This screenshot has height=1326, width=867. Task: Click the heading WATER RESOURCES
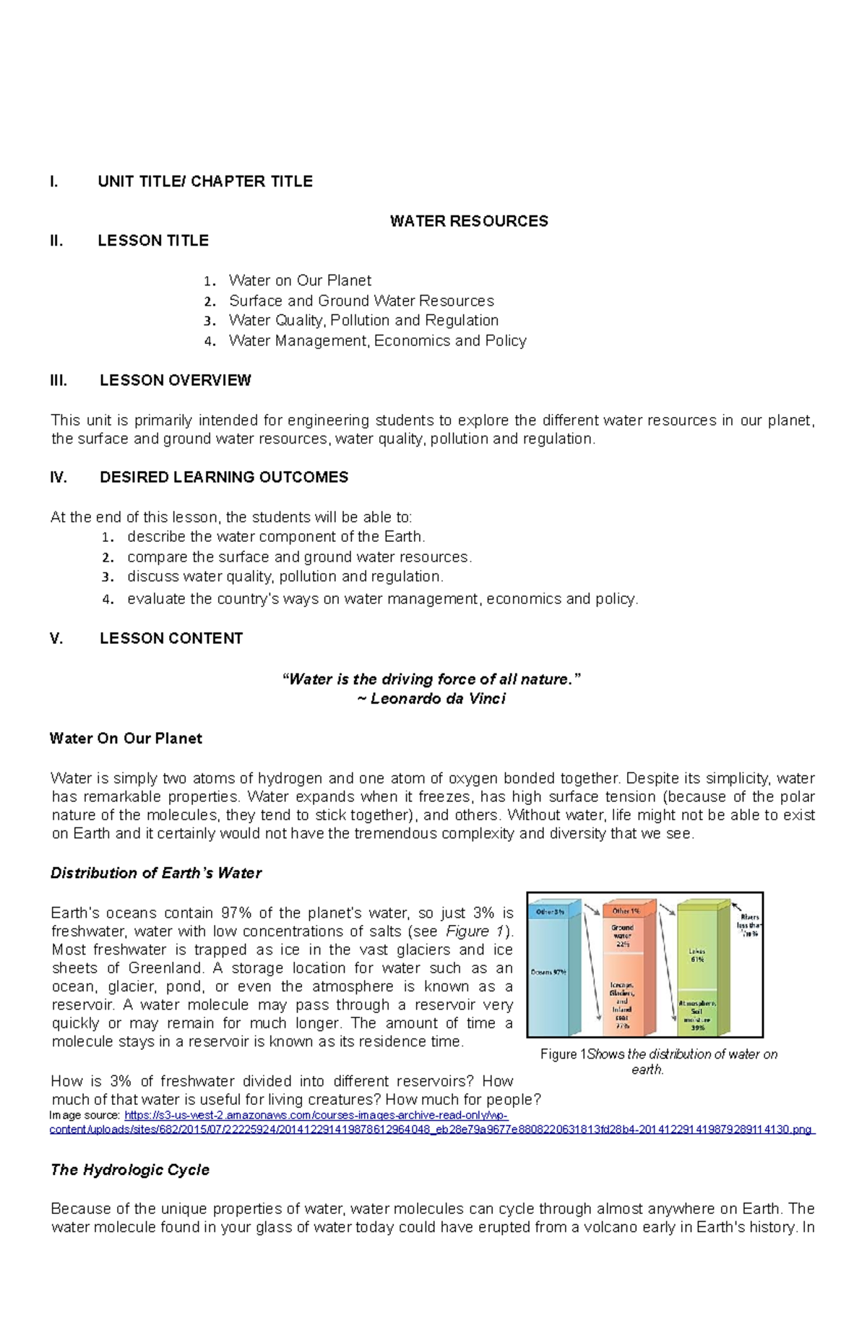(468, 221)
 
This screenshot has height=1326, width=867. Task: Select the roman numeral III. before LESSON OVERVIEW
(59, 380)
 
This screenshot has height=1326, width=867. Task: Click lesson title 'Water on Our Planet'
(299, 280)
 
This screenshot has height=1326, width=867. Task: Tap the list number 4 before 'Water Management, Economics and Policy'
(210, 342)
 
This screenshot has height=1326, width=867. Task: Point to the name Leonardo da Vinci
(438, 699)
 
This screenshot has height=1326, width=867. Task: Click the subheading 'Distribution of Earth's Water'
(155, 873)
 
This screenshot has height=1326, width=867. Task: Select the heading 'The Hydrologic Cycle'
(130, 1170)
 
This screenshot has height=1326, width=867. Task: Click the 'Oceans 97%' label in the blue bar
(548, 972)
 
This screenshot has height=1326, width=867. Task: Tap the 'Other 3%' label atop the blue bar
(550, 912)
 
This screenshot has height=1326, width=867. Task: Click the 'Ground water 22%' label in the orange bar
(622, 935)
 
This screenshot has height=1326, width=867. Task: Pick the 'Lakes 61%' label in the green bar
(696, 955)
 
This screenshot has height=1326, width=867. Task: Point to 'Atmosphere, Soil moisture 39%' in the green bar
(697, 1015)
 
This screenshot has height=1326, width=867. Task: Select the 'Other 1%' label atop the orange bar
(625, 911)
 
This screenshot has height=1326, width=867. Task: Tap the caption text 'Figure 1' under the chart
(564, 1054)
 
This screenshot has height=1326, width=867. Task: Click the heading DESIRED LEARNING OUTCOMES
(223, 477)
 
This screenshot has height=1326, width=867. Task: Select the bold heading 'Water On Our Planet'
(126, 739)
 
